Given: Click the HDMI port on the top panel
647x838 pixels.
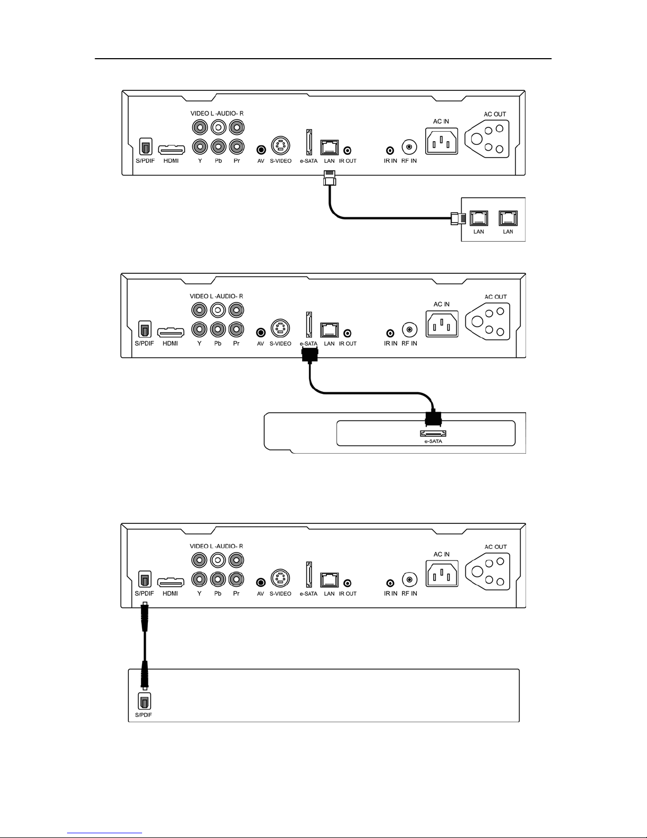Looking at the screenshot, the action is pos(171,149).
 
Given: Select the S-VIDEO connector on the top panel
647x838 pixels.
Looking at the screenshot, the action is pos(280,146).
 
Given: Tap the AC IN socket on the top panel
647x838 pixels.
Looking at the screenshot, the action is pos(442,141).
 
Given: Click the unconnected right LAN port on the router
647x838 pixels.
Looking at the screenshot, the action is pos(508,218).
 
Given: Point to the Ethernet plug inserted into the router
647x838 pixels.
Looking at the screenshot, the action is pos(458,218).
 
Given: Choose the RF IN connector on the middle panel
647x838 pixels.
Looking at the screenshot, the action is pos(409,330).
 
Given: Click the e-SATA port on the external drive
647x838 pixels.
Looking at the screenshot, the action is pos(433,434).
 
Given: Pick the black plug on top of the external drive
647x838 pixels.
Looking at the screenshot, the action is pos(433,418).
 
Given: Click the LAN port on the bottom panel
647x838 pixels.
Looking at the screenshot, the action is pos(329,579).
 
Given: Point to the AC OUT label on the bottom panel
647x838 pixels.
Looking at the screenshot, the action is pos(495,547).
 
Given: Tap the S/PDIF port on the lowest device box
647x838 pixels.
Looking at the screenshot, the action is pos(144,701).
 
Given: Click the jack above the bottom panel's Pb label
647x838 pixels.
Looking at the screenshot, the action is pos(218,579).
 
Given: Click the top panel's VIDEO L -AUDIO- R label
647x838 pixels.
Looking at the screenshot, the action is pos(217,113).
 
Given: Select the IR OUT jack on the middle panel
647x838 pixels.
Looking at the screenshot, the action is pos(348,333).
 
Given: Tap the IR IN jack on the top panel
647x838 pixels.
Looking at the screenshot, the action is pos(390,150).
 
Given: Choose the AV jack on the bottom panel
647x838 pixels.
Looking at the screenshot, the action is pos(261,582).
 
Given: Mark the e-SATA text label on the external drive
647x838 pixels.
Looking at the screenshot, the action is pos(433,441).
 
